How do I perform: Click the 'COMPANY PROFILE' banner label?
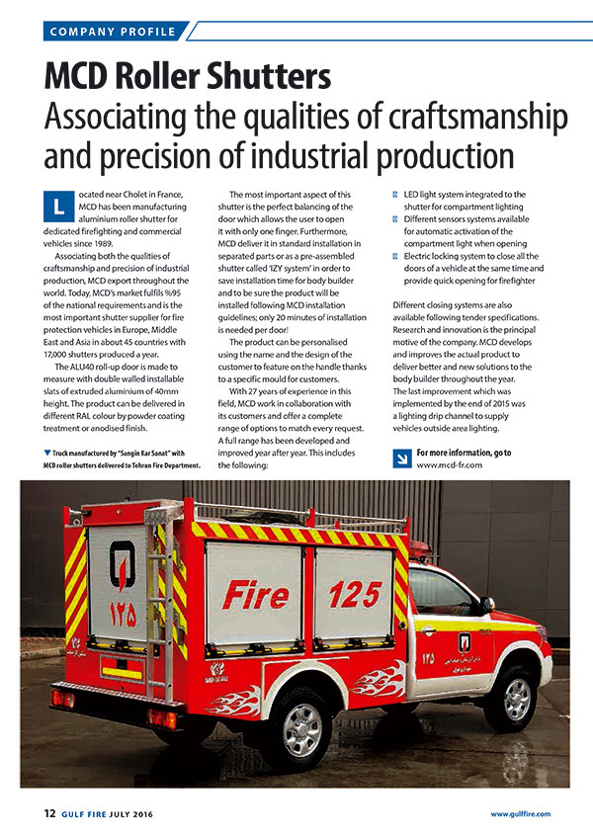112,32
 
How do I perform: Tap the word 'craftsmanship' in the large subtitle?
475,119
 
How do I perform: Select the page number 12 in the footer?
50,813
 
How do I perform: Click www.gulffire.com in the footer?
521,814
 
